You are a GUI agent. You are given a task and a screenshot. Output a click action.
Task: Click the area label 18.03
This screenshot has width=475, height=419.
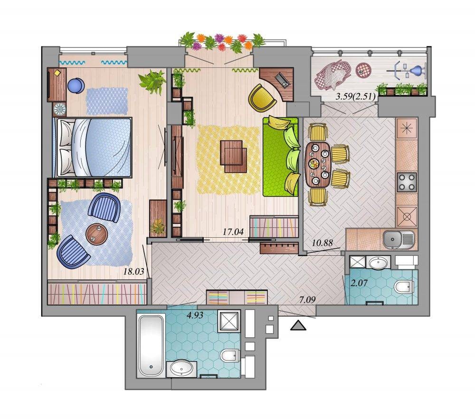[x=133, y=271]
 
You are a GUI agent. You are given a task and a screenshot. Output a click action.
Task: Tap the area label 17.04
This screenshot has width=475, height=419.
[x=233, y=232]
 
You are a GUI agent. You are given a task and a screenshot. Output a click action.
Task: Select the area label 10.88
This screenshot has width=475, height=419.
[x=323, y=242]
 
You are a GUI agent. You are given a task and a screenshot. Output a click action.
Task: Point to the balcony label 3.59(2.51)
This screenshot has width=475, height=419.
[x=356, y=97]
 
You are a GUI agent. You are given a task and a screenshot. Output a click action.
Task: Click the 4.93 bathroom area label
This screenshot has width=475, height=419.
[x=195, y=316]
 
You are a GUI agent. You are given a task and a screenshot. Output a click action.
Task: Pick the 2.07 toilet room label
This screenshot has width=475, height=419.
[x=359, y=283]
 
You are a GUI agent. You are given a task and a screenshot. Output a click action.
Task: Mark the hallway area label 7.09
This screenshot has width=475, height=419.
[x=307, y=300]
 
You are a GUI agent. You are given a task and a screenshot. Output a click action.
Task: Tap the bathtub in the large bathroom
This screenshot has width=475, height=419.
[x=151, y=345]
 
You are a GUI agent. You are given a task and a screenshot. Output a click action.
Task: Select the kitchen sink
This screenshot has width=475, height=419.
[x=399, y=239]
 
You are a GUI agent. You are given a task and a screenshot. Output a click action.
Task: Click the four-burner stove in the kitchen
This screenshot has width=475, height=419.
[x=407, y=182]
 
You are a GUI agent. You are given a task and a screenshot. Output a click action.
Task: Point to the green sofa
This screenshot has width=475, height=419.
[x=281, y=157]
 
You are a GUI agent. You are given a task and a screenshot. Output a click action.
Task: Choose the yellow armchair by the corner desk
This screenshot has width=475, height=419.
[x=262, y=98]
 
